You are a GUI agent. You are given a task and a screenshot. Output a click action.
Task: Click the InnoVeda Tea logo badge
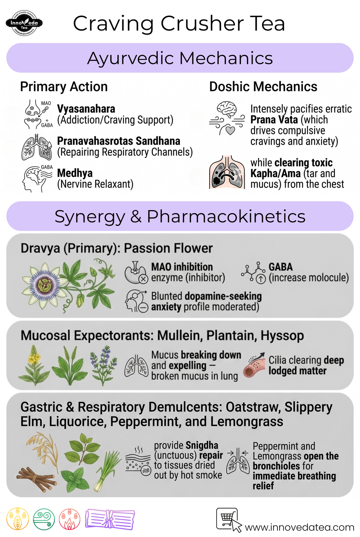(24, 23)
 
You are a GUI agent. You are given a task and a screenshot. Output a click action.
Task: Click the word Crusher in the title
(202, 23)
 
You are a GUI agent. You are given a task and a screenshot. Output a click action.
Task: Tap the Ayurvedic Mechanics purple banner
(180, 58)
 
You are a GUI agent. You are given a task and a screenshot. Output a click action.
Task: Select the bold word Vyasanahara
(86, 109)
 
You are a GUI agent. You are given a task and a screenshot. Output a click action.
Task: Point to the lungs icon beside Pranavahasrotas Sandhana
(37, 147)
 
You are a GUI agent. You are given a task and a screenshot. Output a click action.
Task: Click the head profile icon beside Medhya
(37, 178)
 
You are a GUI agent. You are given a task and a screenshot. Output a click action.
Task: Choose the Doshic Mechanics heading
(263, 86)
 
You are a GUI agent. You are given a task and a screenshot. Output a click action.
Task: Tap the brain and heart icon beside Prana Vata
(227, 118)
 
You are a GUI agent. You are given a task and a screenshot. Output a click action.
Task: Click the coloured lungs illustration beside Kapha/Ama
(227, 172)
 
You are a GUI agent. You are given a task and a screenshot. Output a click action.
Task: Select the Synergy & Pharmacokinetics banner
(180, 216)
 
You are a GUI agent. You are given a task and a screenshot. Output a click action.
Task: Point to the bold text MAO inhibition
(182, 267)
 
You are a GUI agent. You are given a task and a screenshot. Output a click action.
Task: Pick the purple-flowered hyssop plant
(103, 365)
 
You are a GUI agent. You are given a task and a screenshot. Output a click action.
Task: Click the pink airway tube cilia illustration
(254, 365)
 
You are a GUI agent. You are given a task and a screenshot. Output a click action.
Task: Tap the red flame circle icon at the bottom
(69, 519)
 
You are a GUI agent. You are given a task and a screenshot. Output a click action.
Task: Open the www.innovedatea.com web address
(299, 527)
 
